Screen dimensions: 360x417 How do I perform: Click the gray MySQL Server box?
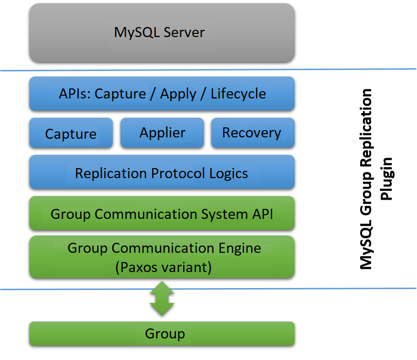point(162,33)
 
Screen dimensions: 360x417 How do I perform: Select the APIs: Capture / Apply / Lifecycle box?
point(162,94)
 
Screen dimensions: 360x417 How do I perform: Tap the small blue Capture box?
point(71,133)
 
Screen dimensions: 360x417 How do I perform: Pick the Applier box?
point(162,133)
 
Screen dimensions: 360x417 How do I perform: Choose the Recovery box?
point(252,133)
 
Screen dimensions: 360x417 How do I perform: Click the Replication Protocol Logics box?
point(162,173)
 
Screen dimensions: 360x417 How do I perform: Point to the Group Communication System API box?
point(162,213)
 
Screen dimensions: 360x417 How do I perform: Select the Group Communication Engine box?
point(162,256)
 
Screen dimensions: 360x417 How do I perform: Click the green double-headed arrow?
point(162,298)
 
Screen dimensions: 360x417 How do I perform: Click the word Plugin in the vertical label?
point(388,179)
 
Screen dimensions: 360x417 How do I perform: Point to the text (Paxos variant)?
point(164,267)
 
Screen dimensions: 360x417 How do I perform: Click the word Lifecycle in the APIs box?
point(238,94)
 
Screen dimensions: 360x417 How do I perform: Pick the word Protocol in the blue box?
point(178,173)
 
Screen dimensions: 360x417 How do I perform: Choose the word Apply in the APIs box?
point(178,94)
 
